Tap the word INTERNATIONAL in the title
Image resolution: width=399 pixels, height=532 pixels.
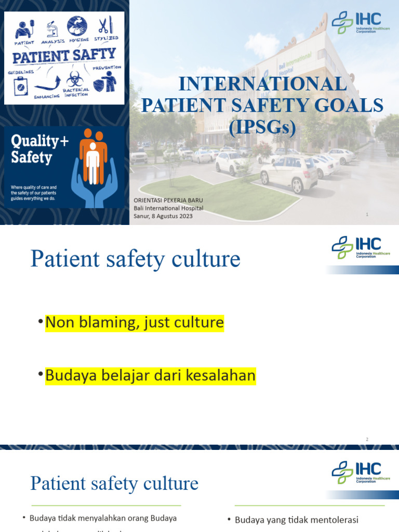pyautogui.click(x=262, y=84)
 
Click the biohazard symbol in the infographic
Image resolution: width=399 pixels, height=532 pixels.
pyautogui.click(x=75, y=79)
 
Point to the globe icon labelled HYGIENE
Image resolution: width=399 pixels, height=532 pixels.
pyautogui.click(x=77, y=26)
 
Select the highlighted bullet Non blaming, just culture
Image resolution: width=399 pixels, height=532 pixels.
pyautogui.click(x=135, y=323)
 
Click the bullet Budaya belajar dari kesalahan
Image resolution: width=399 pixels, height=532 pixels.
pyautogui.click(x=150, y=376)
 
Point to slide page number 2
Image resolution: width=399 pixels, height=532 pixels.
pyautogui.click(x=367, y=440)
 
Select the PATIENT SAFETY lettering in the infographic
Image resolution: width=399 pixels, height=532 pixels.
pyautogui.click(x=64, y=55)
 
